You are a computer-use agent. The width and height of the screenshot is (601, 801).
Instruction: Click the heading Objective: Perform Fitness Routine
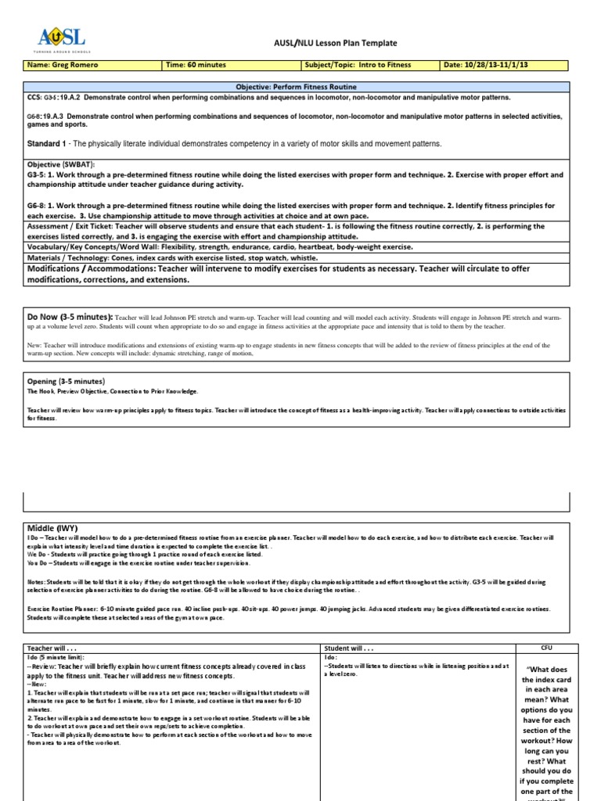[300, 88]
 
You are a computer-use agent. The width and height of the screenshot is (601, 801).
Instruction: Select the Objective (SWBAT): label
[59, 166]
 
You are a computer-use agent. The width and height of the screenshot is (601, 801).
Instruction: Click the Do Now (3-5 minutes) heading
[70, 317]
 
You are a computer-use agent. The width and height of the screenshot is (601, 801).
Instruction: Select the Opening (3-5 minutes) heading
[66, 381]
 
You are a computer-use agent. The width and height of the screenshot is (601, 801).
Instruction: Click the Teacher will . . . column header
[55, 648]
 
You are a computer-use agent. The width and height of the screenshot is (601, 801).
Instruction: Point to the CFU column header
[547, 648]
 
